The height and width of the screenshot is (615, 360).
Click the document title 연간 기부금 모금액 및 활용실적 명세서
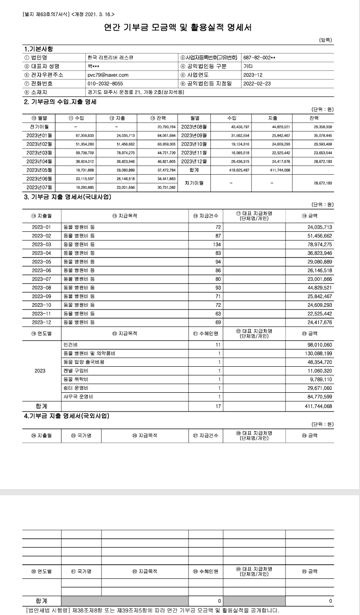pos(179,28)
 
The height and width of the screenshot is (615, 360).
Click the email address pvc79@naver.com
pos(108,75)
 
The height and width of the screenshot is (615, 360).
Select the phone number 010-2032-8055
pos(105,83)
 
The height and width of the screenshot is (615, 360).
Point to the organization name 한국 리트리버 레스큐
pos(110,58)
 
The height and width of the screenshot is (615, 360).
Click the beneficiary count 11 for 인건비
pos(218,344)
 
